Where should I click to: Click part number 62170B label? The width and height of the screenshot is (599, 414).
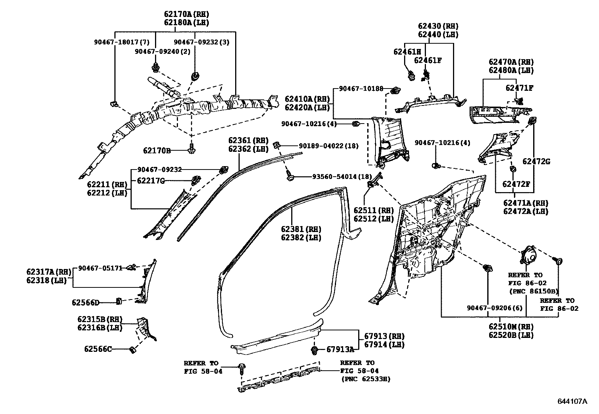(x=157, y=151)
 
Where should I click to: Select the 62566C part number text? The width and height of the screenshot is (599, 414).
(x=98, y=349)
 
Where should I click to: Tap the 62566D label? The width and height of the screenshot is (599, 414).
(x=85, y=302)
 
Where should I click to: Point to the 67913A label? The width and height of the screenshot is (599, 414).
(x=340, y=349)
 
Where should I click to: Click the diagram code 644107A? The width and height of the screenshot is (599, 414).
(x=572, y=401)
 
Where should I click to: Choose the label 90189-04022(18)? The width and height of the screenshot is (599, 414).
(x=328, y=146)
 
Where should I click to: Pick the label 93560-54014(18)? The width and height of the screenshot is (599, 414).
(x=342, y=176)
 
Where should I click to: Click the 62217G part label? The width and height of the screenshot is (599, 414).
(x=151, y=180)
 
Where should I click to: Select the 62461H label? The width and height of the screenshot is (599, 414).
(x=407, y=52)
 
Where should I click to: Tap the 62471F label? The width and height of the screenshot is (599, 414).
(x=519, y=88)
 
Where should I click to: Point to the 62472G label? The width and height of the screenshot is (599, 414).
(x=536, y=162)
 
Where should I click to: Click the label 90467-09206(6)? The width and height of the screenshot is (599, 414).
(x=495, y=308)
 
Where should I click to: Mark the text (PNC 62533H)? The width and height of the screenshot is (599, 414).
(x=365, y=379)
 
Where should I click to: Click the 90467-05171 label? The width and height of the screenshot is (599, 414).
(x=100, y=268)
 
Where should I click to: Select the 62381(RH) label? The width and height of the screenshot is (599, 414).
(x=301, y=229)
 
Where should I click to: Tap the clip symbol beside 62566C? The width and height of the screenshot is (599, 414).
(x=132, y=350)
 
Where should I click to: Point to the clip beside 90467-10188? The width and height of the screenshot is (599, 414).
(x=395, y=90)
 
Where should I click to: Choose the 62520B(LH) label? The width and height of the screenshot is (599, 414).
(x=511, y=335)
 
